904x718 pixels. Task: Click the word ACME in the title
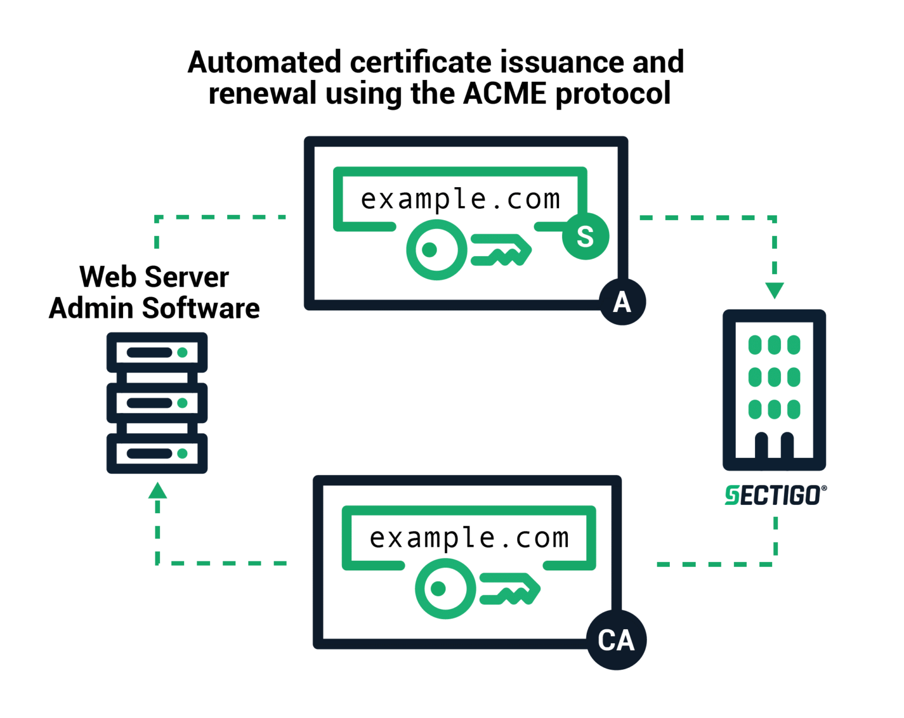click(504, 93)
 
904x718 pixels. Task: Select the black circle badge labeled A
click(622, 302)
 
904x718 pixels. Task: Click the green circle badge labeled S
click(585, 236)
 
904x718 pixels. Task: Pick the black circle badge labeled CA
click(616, 640)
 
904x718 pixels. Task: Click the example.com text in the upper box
click(460, 199)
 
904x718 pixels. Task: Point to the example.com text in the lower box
click(469, 537)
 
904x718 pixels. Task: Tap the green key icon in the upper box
click(468, 250)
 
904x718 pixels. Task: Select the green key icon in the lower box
click(477, 589)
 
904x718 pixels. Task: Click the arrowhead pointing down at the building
click(775, 290)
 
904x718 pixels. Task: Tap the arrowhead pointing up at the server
click(157, 491)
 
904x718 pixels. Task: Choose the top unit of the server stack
click(157, 353)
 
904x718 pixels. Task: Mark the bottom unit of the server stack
click(157, 453)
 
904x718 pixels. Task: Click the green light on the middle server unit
click(182, 403)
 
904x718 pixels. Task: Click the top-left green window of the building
click(755, 345)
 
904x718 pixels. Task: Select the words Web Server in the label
click(154, 277)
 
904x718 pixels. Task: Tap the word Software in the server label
click(200, 308)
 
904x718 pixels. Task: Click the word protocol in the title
click(613, 93)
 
